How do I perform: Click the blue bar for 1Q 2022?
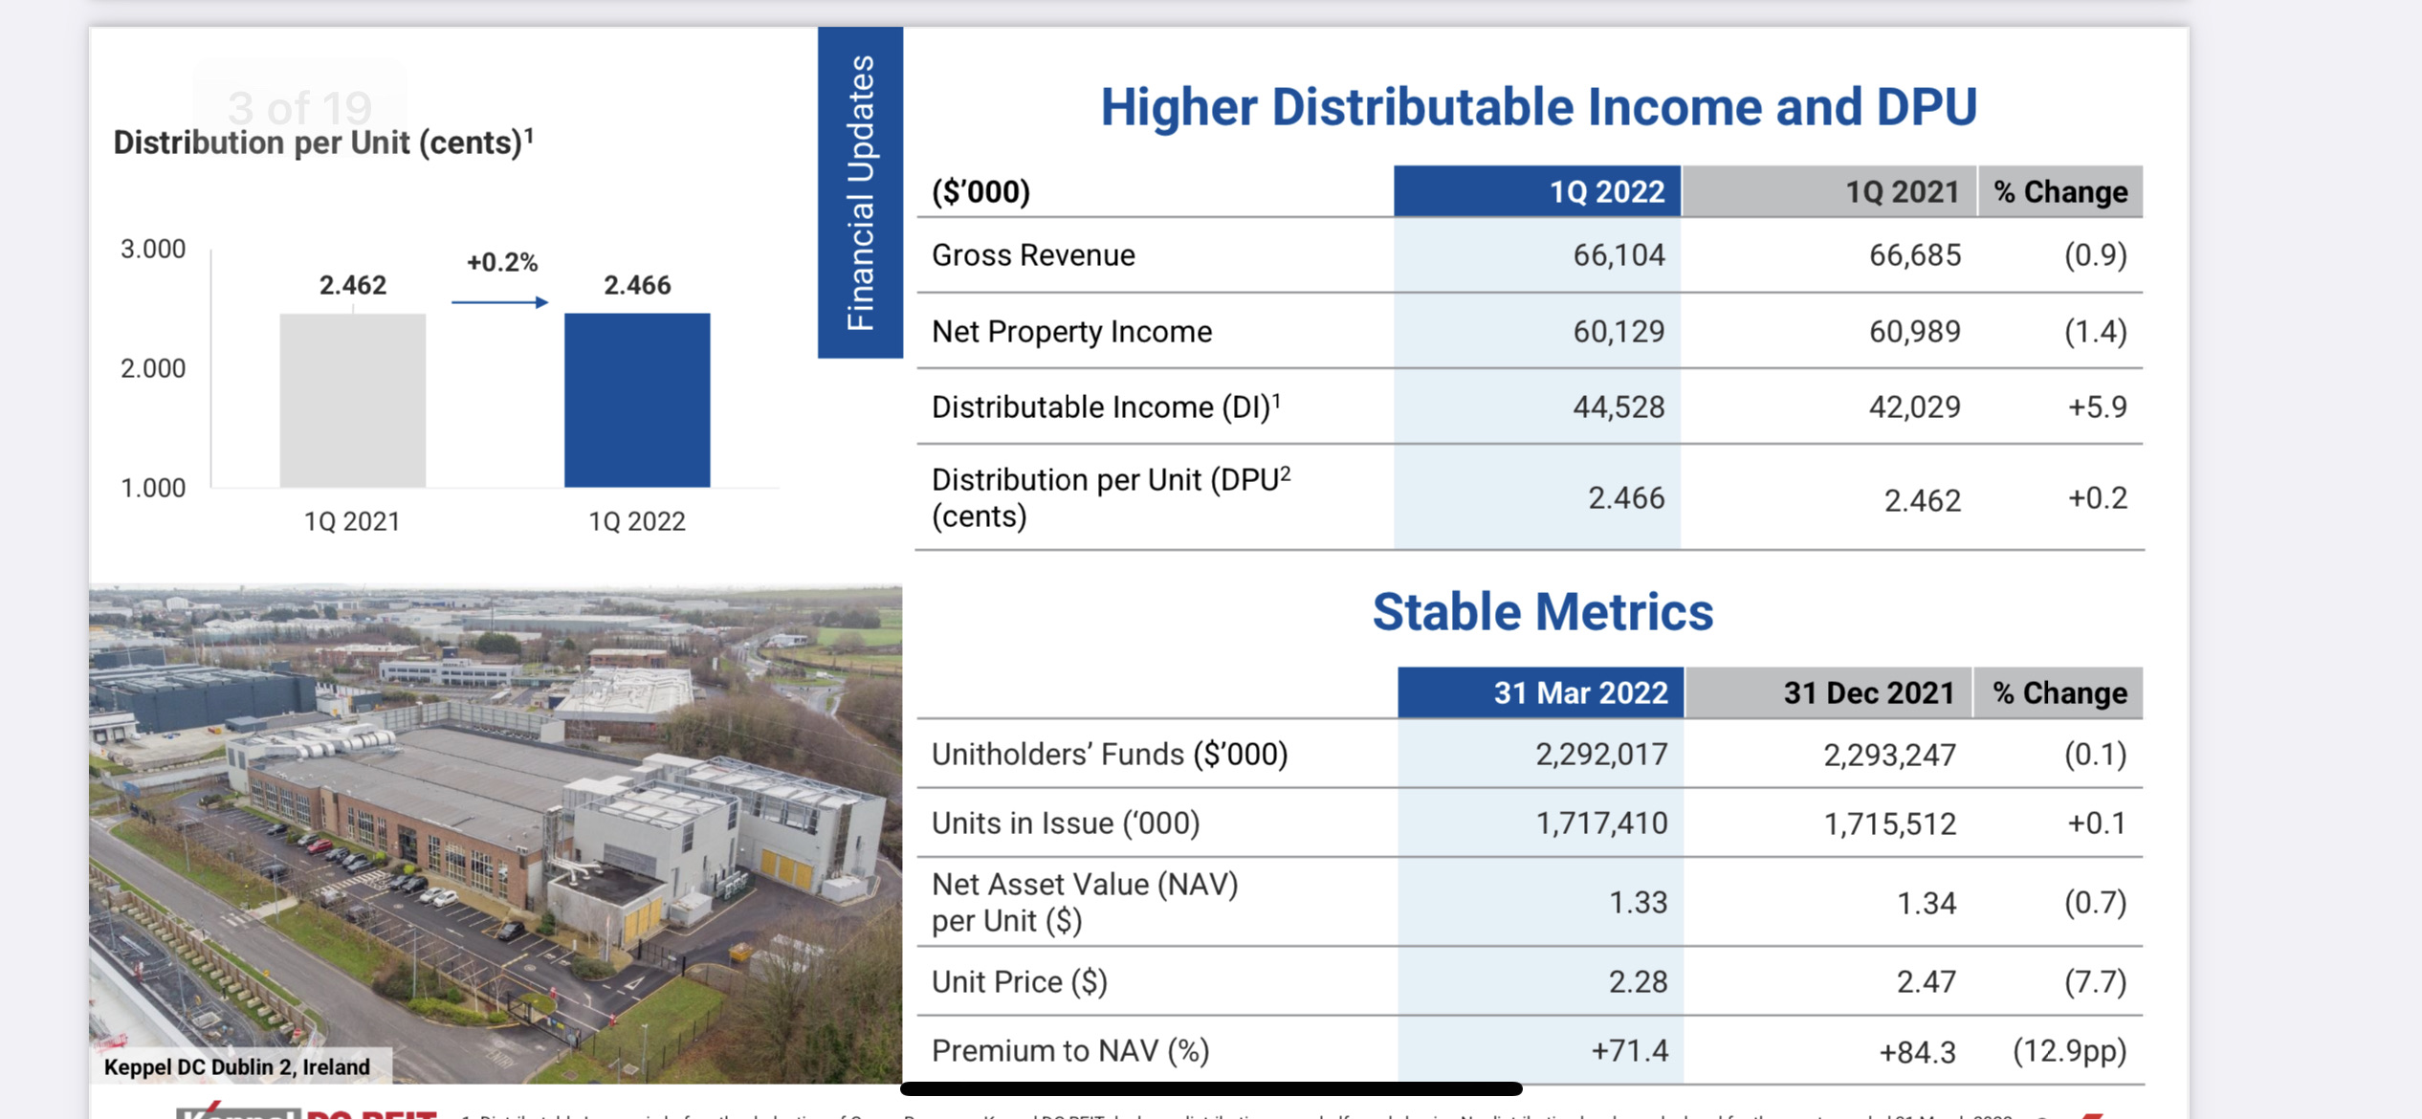click(637, 400)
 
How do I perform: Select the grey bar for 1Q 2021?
click(352, 400)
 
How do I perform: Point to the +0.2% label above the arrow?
click(502, 262)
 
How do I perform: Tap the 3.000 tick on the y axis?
click(153, 250)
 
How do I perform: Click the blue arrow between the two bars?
click(499, 302)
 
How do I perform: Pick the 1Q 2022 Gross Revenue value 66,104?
click(1618, 255)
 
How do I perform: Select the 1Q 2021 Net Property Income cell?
click(1914, 332)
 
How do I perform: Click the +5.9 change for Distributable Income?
click(2097, 407)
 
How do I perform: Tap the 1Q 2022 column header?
click(1537, 191)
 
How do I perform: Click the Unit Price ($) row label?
click(1019, 982)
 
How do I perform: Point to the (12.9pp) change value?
click(2069, 1051)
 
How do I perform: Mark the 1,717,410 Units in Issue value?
click(1601, 823)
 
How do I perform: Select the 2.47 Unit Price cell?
click(1926, 982)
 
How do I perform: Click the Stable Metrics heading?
click(1542, 612)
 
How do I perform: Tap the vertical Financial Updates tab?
click(860, 192)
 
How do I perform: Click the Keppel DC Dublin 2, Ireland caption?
click(237, 1067)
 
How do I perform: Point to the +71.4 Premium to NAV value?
click(1629, 1051)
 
